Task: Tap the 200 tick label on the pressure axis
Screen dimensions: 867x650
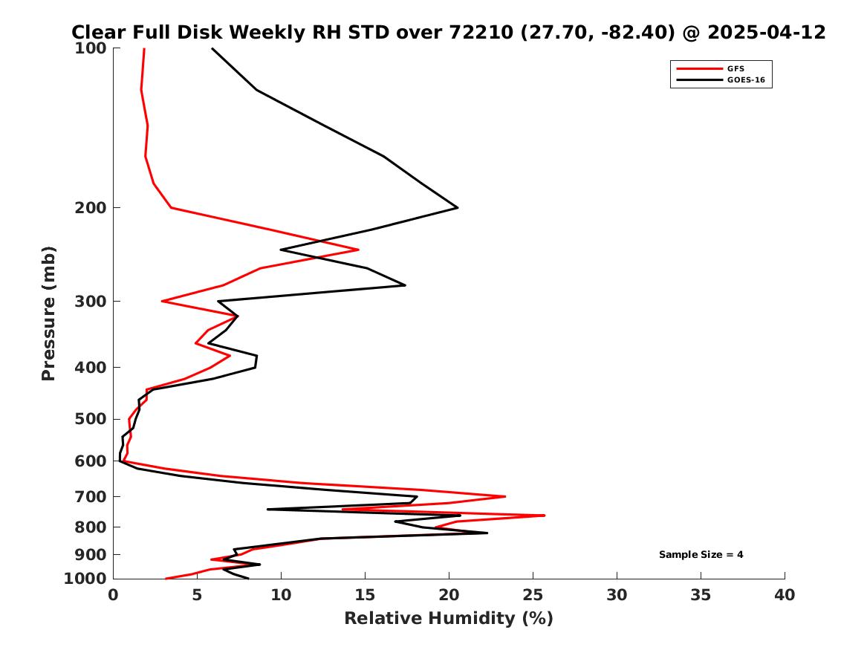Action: (x=91, y=208)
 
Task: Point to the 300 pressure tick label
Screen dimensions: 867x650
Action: (x=91, y=302)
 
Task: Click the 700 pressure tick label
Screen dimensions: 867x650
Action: (x=91, y=497)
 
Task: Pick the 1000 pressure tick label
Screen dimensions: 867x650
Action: (x=85, y=579)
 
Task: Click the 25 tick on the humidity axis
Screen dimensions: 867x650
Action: (x=533, y=595)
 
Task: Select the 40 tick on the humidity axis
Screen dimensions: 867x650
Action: (x=785, y=595)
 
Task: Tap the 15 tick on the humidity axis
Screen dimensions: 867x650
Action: (x=365, y=595)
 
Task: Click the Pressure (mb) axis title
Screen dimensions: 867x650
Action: (x=48, y=313)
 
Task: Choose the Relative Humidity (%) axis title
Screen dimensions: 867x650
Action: (x=449, y=618)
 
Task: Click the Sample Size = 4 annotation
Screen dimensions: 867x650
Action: (x=701, y=554)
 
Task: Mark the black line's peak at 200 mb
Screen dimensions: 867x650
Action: (x=458, y=208)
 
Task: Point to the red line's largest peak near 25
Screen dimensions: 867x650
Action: (x=545, y=515)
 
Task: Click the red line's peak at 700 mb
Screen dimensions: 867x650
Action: (x=505, y=496)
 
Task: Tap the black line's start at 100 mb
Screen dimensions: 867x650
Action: (x=212, y=48)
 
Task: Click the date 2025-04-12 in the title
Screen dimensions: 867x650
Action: (x=767, y=32)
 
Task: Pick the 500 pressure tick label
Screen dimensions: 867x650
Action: (x=91, y=419)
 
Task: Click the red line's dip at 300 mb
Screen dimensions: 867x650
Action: (x=162, y=302)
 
